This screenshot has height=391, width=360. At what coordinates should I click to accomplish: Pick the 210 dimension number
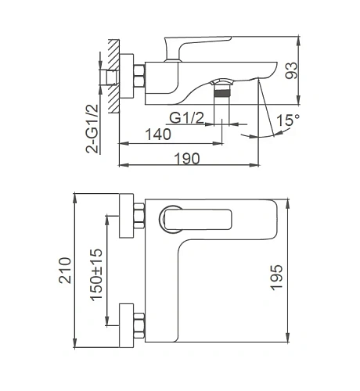click(65, 271)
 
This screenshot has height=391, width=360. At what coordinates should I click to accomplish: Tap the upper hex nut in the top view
click(141, 218)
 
